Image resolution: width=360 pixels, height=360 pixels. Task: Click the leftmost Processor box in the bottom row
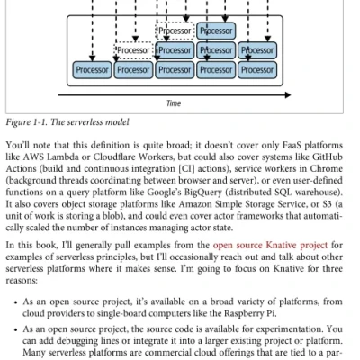(x=91, y=69)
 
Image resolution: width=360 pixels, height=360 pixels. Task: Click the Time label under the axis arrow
(x=174, y=103)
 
